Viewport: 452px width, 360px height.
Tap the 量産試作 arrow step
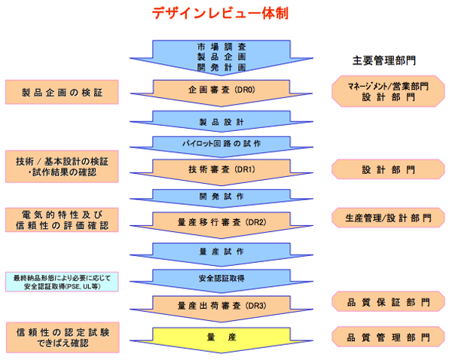point(217,249)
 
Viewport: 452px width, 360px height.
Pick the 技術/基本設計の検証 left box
point(63,166)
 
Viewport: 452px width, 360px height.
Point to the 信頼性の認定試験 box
point(63,336)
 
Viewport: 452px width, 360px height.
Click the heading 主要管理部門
point(384,59)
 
